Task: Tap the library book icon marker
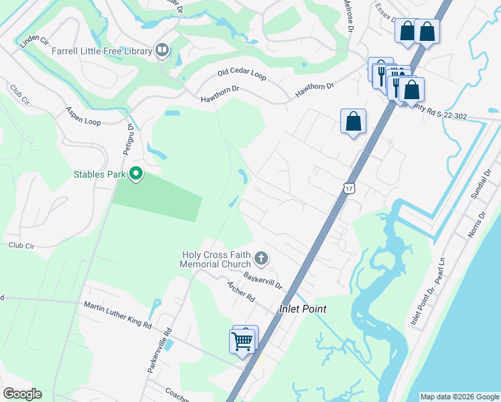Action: point(162,50)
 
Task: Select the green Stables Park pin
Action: point(137,174)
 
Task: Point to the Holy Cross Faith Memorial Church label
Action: point(216,259)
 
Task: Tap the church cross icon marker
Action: point(261,258)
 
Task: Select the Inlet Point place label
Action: point(303,309)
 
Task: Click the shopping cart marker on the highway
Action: point(242,340)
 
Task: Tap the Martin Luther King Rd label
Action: point(118,316)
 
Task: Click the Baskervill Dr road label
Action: point(263,281)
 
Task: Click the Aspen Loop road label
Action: point(83,116)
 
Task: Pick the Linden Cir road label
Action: point(35,42)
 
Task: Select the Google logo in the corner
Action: point(22,394)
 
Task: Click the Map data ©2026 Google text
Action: point(459,397)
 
